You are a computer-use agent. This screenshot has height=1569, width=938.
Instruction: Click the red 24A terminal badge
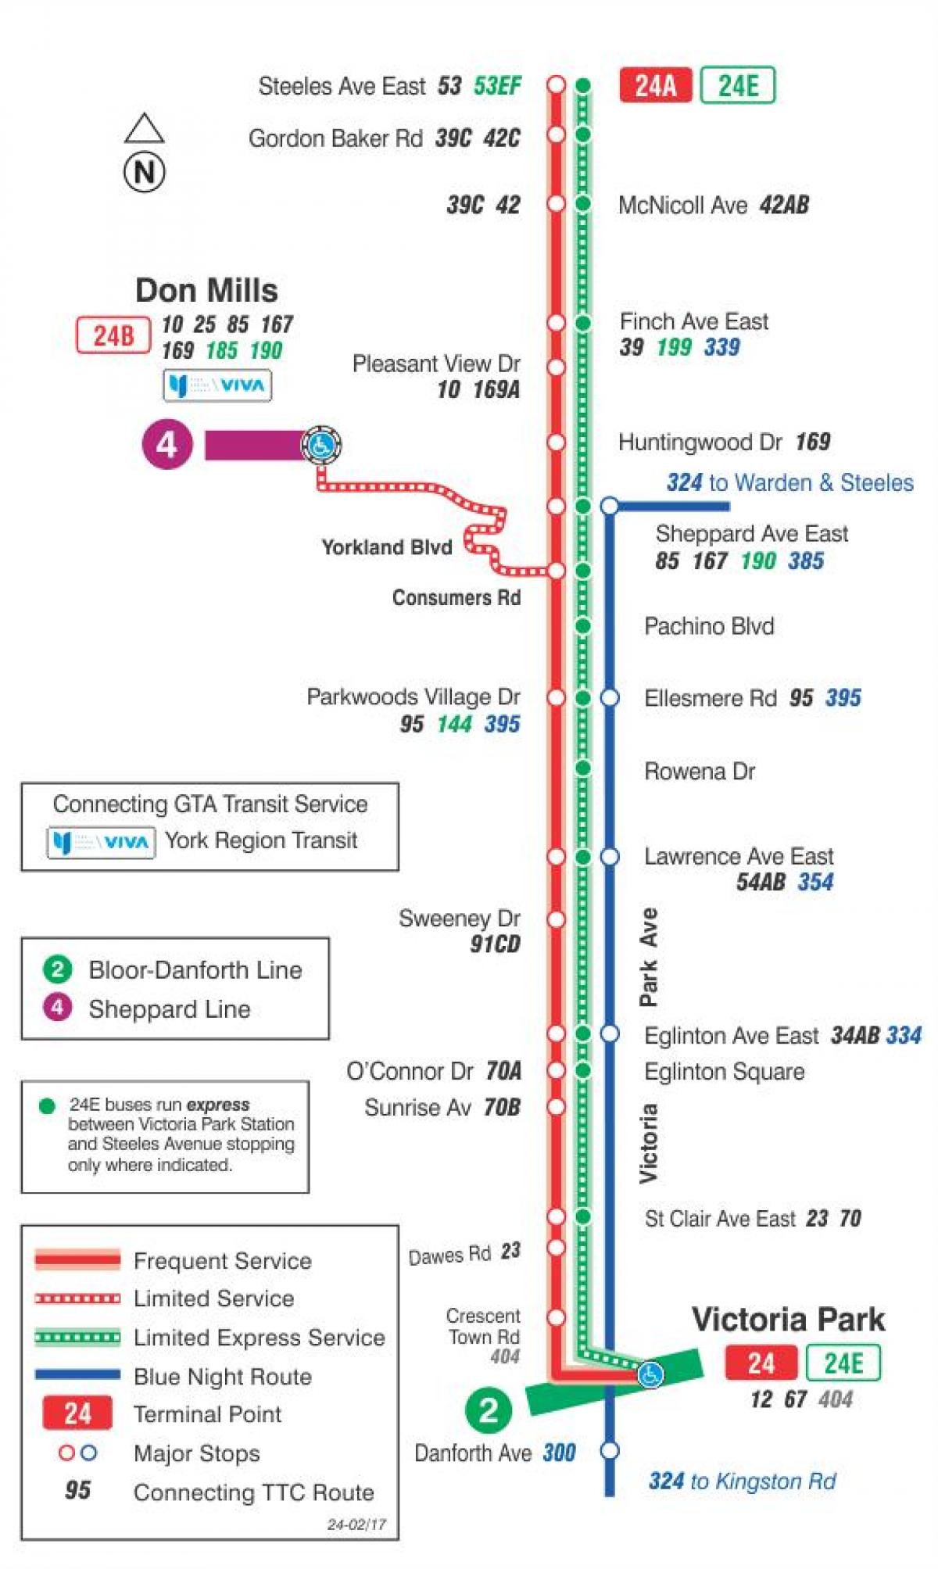655,85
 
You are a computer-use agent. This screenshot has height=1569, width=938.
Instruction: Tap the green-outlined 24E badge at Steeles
737,85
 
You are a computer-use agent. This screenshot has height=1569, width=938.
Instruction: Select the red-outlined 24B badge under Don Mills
113,335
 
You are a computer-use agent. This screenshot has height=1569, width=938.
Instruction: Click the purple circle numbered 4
166,445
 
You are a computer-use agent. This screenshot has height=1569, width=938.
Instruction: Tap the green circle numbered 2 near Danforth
488,1410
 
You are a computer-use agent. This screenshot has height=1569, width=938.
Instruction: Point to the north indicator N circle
145,171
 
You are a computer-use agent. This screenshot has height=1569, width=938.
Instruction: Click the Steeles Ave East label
342,86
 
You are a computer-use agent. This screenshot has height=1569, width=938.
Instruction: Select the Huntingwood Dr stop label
700,442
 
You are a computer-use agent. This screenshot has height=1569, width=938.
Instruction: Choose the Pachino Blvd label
709,626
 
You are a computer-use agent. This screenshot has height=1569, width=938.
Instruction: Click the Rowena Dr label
700,772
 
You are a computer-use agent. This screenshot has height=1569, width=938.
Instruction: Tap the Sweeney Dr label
459,918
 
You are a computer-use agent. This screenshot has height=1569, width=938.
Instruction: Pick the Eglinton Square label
724,1071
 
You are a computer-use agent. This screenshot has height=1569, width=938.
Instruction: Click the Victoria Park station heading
788,1320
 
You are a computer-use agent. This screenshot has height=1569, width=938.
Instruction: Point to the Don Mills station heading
206,291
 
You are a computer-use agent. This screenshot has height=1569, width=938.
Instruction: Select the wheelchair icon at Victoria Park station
650,1374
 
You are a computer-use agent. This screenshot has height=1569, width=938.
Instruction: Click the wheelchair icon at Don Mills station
320,446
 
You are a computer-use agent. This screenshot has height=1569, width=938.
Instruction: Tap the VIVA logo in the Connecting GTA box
102,842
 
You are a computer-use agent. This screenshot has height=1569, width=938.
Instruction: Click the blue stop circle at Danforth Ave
610,1451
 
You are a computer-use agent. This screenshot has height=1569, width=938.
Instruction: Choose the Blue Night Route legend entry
222,1376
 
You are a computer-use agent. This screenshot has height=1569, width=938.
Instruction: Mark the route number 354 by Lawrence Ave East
815,882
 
